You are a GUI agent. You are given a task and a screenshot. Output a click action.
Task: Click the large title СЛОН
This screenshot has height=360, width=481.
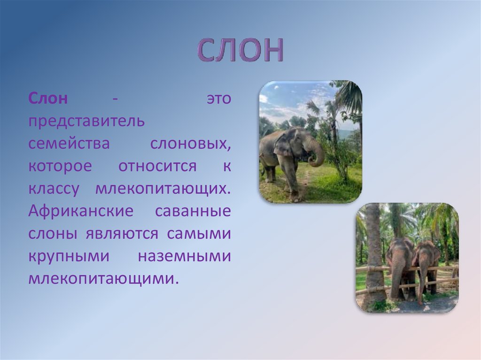[x=240, y=50]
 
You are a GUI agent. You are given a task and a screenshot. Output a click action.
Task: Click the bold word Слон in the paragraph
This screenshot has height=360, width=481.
[x=48, y=99]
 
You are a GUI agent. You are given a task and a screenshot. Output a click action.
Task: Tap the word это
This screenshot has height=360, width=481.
[x=219, y=99]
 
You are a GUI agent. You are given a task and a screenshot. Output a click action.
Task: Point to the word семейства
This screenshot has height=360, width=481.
[x=69, y=144]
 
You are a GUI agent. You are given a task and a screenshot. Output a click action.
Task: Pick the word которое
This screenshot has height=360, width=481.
[x=60, y=166]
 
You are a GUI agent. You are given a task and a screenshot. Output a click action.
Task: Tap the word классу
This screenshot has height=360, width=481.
[x=54, y=189]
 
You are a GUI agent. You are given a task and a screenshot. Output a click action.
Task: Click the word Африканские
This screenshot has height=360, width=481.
[x=81, y=211]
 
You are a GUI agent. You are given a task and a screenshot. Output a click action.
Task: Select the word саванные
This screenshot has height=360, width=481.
[x=193, y=211]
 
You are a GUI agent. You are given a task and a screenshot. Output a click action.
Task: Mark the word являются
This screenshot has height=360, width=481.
[x=122, y=234]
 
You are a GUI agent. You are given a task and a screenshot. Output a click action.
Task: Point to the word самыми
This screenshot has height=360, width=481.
[x=199, y=234]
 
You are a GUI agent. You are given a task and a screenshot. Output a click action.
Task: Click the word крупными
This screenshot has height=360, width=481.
[x=69, y=257]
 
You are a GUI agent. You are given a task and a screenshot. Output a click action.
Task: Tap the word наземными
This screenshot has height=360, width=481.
[x=184, y=256]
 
